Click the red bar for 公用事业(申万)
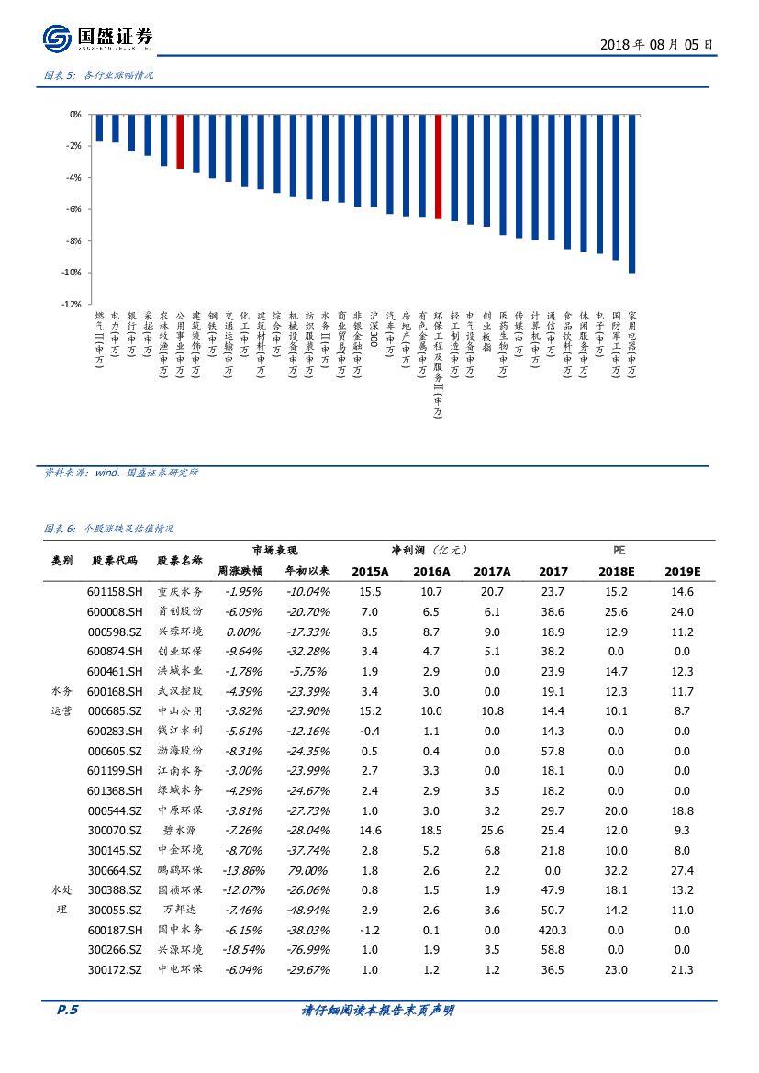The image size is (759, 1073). [180, 142]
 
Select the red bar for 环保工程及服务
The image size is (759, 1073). [438, 167]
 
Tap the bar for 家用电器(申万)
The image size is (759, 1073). [631, 194]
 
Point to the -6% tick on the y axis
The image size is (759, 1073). [74, 209]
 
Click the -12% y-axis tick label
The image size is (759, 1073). [73, 304]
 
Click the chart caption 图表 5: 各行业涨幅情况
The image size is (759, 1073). [99, 75]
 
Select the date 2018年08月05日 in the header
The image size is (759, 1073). [655, 44]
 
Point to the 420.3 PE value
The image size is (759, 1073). [553, 930]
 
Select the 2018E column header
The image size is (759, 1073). [615, 571]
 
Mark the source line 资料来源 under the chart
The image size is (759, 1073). [121, 473]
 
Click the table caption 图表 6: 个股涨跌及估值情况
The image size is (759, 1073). [108, 530]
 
